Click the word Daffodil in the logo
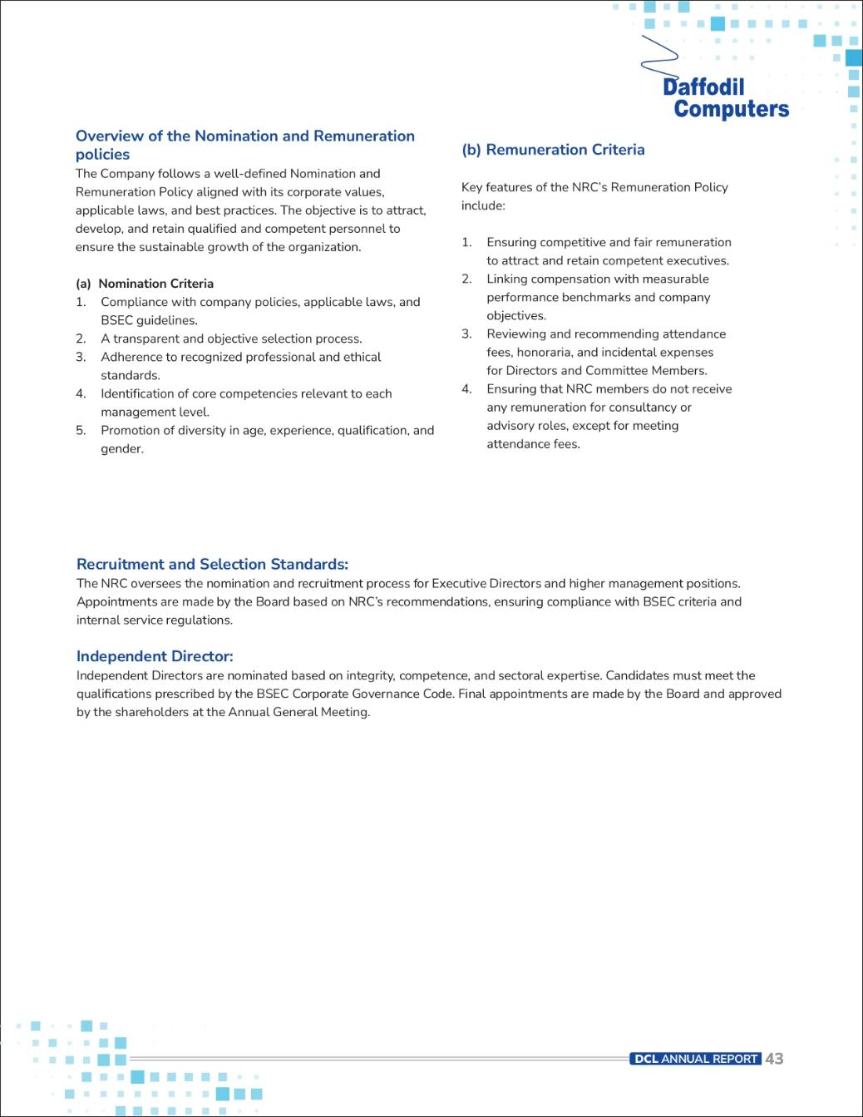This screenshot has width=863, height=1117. pyautogui.click(x=703, y=87)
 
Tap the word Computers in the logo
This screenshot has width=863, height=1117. pyautogui.click(x=731, y=109)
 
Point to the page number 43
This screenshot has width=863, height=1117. pyautogui.click(x=774, y=1059)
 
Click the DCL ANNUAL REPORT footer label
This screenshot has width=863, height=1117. pyautogui.click(x=696, y=1059)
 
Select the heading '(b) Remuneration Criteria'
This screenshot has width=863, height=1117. pyautogui.click(x=553, y=150)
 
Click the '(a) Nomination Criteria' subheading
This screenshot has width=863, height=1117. pyautogui.click(x=145, y=284)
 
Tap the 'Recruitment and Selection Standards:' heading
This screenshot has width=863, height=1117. pyautogui.click(x=212, y=564)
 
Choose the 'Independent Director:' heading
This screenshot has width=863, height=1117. pyautogui.click(x=155, y=656)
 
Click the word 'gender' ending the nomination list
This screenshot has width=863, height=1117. pyautogui.click(x=121, y=449)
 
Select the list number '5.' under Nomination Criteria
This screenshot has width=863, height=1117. pyautogui.click(x=81, y=431)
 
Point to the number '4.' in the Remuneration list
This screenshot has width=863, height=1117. pyautogui.click(x=466, y=389)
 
